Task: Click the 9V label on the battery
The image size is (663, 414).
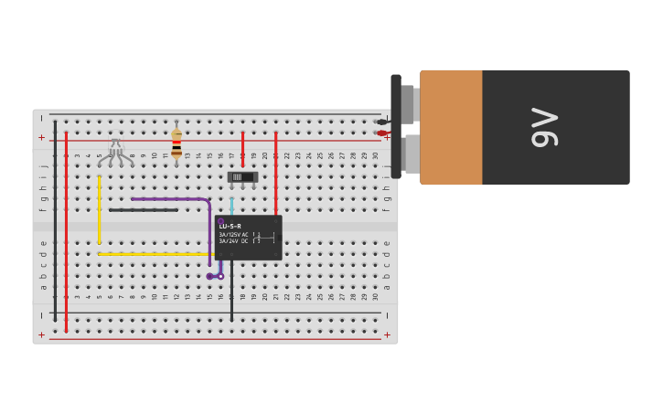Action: (x=544, y=127)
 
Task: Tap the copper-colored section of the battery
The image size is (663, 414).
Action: (x=451, y=127)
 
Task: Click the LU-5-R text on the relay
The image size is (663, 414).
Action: (x=230, y=226)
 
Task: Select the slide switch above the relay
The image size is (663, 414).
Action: (x=242, y=176)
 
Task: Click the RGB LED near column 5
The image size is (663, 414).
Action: (x=115, y=151)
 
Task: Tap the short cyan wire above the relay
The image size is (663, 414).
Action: (x=231, y=205)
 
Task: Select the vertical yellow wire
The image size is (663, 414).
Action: (x=99, y=209)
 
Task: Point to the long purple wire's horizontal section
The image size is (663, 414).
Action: (x=169, y=198)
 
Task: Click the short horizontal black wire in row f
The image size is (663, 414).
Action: (x=143, y=210)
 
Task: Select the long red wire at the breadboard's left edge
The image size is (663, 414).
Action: (x=66, y=228)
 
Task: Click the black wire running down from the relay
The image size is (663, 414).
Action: (x=231, y=292)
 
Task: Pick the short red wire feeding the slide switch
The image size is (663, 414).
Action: (x=242, y=150)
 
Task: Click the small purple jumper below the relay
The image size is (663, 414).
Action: (x=215, y=276)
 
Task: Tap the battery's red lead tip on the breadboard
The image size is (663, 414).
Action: (x=382, y=133)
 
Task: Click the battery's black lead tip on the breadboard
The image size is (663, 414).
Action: (x=382, y=122)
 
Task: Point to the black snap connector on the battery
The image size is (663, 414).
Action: (x=396, y=126)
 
